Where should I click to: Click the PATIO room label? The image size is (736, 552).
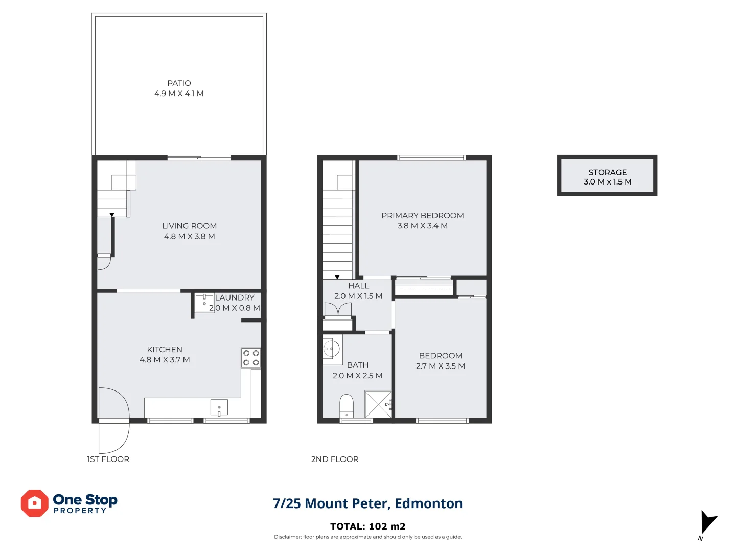point(179,83)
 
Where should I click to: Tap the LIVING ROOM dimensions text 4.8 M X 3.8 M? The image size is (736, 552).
point(189,237)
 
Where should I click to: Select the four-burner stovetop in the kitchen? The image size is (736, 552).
point(251,358)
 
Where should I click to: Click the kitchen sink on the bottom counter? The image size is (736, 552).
point(219,408)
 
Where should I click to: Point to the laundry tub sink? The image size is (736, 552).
point(204,303)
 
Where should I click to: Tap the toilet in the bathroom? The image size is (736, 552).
point(347,406)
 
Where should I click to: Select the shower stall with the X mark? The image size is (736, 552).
point(378,404)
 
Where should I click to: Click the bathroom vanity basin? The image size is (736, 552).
point(331,350)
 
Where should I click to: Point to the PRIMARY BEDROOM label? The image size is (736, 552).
point(423,216)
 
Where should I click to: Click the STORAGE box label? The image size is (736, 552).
point(607,173)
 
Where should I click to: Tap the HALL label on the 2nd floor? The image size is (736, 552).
point(358,286)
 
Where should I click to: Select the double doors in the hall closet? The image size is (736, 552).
point(338,310)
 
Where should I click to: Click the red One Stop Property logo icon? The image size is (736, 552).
point(34,503)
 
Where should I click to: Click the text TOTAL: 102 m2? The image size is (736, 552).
point(367,526)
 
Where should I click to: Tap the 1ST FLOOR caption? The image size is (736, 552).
point(108,459)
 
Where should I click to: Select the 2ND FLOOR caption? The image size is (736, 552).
point(335,459)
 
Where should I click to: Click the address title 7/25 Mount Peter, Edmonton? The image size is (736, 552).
point(367,503)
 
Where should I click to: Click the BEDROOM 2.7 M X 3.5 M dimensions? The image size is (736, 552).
point(440,366)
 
